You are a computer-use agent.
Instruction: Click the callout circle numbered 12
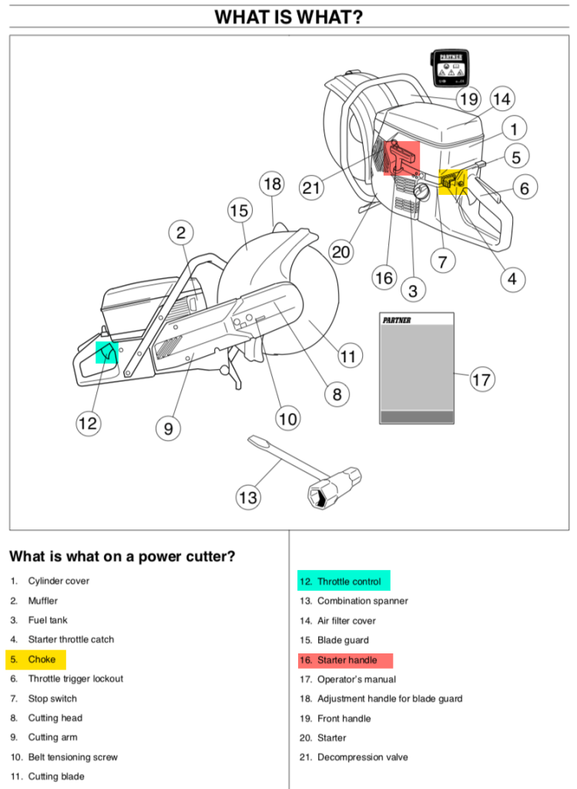pyautogui.click(x=87, y=423)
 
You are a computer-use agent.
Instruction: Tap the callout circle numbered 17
pyautogui.click(x=481, y=380)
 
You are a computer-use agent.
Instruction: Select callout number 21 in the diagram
pyautogui.click(x=312, y=189)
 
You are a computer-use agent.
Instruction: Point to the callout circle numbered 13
pyautogui.click(x=247, y=498)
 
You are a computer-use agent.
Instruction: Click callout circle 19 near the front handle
pyautogui.click(x=468, y=99)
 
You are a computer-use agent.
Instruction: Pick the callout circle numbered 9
pyautogui.click(x=168, y=428)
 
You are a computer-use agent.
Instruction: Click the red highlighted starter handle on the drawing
pyautogui.click(x=401, y=158)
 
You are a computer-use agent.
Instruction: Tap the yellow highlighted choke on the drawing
pyautogui.click(x=453, y=182)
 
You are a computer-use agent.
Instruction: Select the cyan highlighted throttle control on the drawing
pyautogui.click(x=106, y=353)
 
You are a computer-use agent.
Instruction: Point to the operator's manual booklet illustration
pyautogui.click(x=417, y=368)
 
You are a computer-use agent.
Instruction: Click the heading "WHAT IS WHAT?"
pyautogui.click(x=288, y=17)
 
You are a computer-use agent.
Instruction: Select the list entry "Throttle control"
pyautogui.click(x=349, y=582)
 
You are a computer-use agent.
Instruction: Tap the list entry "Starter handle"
pyautogui.click(x=347, y=660)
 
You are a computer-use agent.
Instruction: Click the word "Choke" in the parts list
pyautogui.click(x=42, y=660)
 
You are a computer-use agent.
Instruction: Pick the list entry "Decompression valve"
pyautogui.click(x=363, y=757)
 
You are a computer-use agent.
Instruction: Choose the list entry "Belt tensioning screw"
pyautogui.click(x=73, y=757)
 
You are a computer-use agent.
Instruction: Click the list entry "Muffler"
pyautogui.click(x=43, y=601)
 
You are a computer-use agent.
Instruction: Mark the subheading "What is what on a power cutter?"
pyautogui.click(x=122, y=556)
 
